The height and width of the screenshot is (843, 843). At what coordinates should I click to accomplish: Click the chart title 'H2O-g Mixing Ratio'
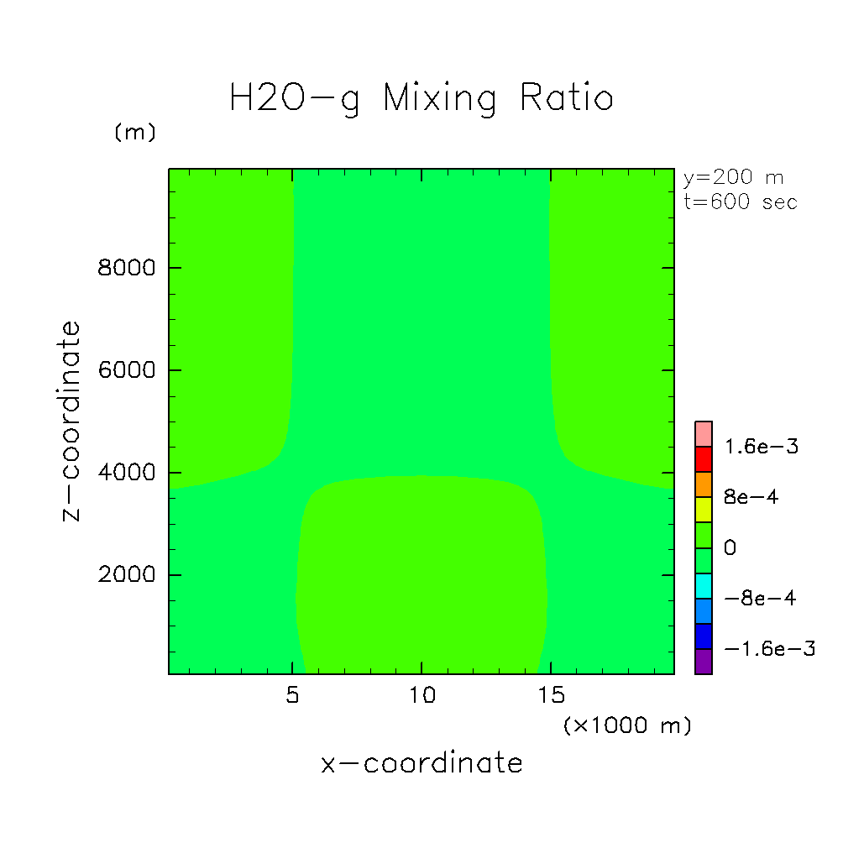coord(421,99)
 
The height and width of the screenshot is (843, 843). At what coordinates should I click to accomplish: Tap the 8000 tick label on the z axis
coord(123,268)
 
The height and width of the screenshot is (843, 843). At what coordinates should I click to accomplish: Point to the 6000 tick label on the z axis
coord(123,370)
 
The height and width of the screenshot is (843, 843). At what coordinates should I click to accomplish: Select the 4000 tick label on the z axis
coord(123,473)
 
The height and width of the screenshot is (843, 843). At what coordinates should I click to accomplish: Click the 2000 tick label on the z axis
coord(123,575)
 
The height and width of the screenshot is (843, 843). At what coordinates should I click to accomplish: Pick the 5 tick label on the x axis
coord(291,696)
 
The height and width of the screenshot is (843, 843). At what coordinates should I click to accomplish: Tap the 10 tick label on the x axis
coord(421,696)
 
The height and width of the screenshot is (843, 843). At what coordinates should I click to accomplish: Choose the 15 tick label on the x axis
coord(551,696)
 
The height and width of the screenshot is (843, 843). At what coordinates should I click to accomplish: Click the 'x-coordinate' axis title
coord(421,763)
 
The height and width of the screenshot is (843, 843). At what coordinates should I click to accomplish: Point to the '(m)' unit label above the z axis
coord(135,133)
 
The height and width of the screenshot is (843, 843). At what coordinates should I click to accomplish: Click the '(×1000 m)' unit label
coord(627,725)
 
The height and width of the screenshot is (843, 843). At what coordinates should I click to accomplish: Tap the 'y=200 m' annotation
coord(733,178)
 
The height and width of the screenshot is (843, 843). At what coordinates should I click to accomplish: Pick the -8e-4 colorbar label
coord(760,599)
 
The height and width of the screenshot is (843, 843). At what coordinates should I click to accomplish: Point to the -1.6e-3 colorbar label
coord(768,649)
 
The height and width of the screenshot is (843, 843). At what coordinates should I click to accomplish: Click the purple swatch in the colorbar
coord(704,662)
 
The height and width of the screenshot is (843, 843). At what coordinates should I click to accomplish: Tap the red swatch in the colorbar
coord(704,459)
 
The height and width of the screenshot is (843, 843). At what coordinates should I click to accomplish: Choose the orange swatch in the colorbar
coord(704,484)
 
